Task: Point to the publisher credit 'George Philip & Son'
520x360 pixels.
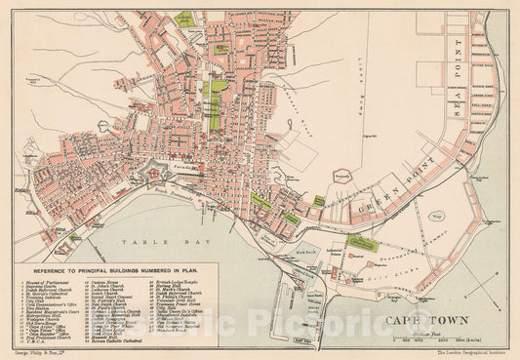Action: [x=34, y=354]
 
